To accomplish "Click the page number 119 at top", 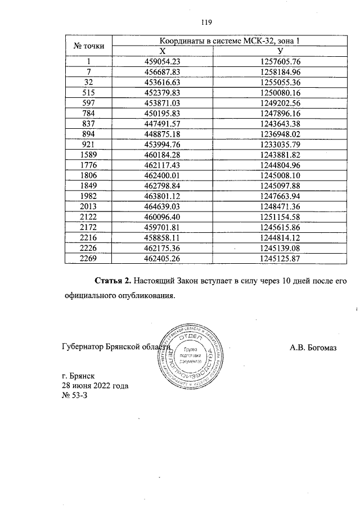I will coord(205,22).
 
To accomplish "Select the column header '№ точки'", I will coord(89,46).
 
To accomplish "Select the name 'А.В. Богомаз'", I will coord(313,348).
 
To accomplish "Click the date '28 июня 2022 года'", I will coord(94,386).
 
